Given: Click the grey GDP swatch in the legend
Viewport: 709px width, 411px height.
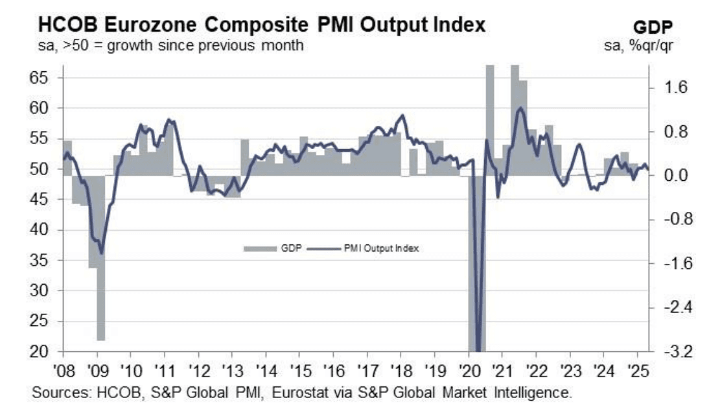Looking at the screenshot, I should point(260,248).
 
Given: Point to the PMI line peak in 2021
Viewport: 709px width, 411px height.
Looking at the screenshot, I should point(520,108).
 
